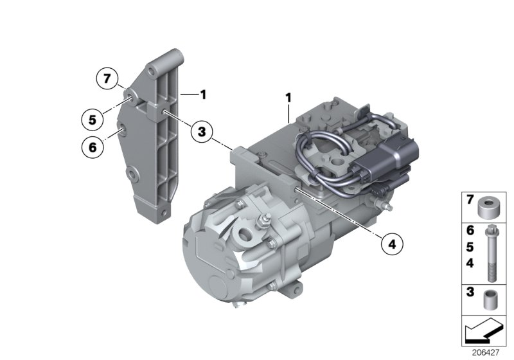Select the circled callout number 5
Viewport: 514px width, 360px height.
[x=93, y=119]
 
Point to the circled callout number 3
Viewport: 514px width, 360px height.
[x=201, y=132]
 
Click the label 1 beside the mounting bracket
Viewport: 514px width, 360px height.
[x=202, y=94]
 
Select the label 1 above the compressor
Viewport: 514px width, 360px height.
[x=288, y=98]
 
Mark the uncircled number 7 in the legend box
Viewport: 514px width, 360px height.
[x=470, y=201]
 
